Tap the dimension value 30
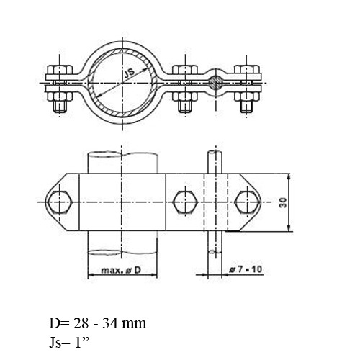[283, 202]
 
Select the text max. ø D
[121, 270]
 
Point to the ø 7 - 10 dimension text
[246, 269]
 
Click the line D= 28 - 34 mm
[98, 323]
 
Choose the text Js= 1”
[69, 343]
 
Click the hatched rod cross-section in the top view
[216, 83]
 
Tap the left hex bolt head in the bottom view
[59, 202]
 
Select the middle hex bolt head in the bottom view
[185, 202]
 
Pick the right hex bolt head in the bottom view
[248, 202]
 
